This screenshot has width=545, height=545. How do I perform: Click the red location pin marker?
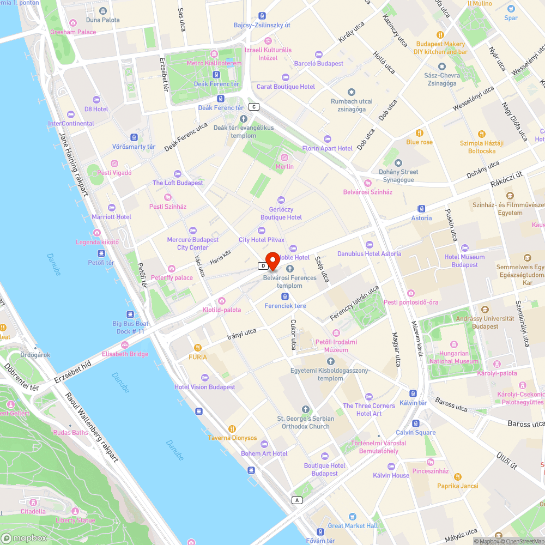[272, 261]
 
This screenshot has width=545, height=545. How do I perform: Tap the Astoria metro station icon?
[421, 209]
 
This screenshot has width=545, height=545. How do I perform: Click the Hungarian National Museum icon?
[453, 344]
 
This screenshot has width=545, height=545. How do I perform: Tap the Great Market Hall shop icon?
[353, 517]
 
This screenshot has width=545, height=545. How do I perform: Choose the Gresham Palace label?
[73, 32]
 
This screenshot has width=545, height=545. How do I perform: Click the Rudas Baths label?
[70, 433]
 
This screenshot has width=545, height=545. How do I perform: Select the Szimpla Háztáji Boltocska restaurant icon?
[481, 134]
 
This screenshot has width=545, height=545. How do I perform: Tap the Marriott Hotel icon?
[112, 208]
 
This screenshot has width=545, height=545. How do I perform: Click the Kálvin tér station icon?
[413, 393]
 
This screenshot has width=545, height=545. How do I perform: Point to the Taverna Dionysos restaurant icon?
[233, 429]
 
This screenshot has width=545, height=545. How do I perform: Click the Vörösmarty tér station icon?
[134, 137]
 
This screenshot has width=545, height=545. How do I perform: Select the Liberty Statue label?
[75, 520]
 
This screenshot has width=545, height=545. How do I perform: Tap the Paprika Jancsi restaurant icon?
[457, 477]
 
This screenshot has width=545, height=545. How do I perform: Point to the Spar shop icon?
[511, 9]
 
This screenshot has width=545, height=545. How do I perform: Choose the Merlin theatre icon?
[284, 158]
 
